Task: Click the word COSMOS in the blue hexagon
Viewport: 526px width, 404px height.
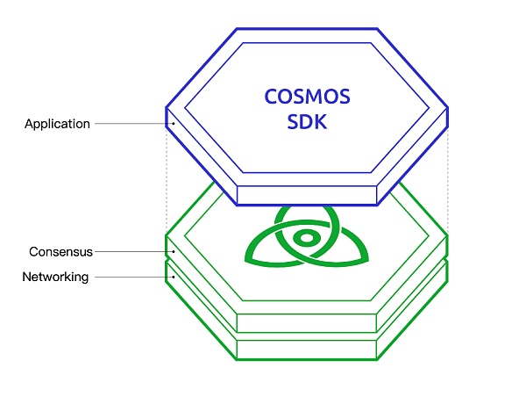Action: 308,97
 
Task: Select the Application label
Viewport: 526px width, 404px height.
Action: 57,124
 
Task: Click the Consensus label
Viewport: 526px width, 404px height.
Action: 60,252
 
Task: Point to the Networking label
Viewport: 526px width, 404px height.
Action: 55,278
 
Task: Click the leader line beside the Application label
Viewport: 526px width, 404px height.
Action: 131,124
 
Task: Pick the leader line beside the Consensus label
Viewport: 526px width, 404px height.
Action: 132,252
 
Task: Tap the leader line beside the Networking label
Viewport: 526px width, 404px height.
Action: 131,278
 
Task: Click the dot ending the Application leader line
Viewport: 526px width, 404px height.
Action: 173,124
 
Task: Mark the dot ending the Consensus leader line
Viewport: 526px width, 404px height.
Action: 173,252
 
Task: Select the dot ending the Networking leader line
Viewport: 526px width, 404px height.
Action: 173,278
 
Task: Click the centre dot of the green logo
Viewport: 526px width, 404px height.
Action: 307,238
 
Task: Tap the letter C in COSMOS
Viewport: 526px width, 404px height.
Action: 272,97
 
